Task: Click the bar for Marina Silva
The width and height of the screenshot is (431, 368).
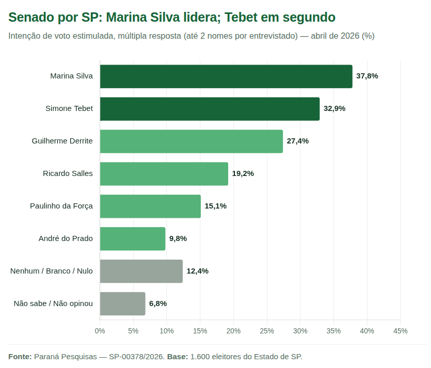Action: click(226, 76)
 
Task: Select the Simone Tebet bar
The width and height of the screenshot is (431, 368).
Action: click(210, 109)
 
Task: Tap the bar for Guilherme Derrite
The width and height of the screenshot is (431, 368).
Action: click(191, 141)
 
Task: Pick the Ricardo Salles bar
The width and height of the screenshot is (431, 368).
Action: click(164, 174)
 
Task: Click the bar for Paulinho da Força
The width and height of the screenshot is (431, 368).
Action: click(150, 206)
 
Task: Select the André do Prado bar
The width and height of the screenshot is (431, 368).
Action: click(133, 239)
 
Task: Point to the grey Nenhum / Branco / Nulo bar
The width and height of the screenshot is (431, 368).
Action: click(141, 271)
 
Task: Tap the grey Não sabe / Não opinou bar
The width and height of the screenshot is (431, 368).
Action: click(122, 304)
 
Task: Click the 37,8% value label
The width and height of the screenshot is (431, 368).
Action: click(367, 76)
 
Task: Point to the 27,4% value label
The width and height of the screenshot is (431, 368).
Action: click(298, 141)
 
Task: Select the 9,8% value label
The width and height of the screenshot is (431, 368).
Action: click(178, 238)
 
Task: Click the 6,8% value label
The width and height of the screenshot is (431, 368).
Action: click(158, 303)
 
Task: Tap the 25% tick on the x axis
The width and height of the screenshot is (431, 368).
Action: click(267, 331)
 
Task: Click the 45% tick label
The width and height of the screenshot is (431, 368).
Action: click(400, 331)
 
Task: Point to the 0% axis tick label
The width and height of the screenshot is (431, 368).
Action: click(100, 331)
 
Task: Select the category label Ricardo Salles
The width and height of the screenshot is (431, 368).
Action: click(68, 173)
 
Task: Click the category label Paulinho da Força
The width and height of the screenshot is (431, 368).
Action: click(61, 206)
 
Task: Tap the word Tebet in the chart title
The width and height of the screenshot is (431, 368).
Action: click(242, 18)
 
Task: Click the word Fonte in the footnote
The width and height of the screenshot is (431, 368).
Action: click(20, 357)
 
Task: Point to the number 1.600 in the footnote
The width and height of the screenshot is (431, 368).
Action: click(200, 357)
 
